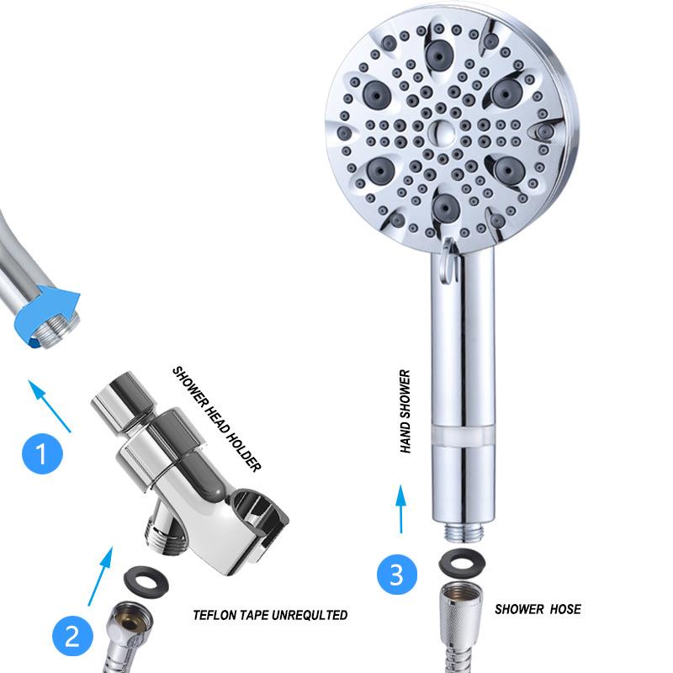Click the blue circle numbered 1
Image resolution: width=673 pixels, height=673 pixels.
click(43, 453)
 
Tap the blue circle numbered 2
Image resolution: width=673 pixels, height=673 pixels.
click(72, 636)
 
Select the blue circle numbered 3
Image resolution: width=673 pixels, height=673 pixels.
click(397, 575)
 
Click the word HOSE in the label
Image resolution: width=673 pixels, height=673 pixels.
click(565, 609)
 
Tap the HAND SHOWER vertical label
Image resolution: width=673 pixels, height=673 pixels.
click(405, 411)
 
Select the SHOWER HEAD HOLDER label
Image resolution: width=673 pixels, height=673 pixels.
click(217, 419)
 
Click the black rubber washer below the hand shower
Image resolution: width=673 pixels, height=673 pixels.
click(462, 563)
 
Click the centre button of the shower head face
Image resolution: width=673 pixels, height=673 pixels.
click(442, 132)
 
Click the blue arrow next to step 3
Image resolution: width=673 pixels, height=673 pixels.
click(401, 509)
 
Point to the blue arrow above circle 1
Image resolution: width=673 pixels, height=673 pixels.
click(50, 405)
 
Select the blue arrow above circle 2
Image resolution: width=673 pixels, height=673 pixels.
click(100, 576)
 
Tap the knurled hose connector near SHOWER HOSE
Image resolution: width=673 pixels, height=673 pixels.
click(461, 611)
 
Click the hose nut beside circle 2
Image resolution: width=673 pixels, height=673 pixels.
click(130, 623)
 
